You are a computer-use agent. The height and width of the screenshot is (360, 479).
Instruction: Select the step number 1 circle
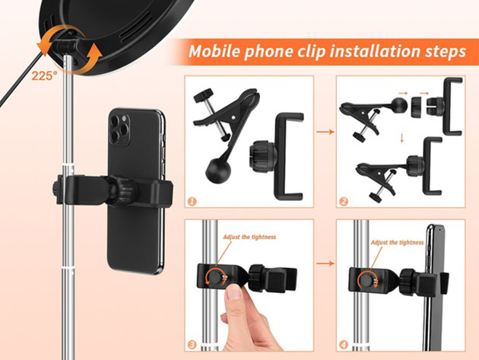pos(192,201)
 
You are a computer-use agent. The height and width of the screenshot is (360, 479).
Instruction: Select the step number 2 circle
pos(343,201)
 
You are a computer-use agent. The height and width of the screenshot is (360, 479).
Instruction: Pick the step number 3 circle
pos(192,345)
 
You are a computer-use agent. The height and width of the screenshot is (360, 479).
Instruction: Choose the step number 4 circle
pos(343,345)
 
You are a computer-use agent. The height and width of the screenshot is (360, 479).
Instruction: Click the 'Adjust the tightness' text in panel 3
pos(249,237)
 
